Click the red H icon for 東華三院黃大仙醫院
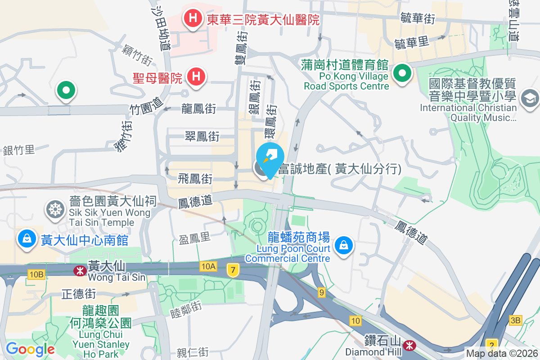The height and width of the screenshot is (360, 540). (193, 19)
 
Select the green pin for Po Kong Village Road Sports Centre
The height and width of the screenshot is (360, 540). (402, 73)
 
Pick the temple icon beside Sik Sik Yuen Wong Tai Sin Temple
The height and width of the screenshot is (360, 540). (55, 209)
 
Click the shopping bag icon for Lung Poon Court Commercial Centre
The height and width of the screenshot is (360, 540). (344, 245)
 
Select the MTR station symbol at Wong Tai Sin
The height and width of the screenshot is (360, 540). (80, 270)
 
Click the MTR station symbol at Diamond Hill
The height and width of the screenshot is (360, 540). (409, 346)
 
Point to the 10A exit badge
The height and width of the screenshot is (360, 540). (208, 267)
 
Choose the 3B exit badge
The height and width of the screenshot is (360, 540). (515, 320)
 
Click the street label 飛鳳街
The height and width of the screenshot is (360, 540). (195, 179)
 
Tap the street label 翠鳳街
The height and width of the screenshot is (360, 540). (202, 136)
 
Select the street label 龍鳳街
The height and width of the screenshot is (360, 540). (198, 108)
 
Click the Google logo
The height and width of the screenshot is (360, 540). (30, 349)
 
